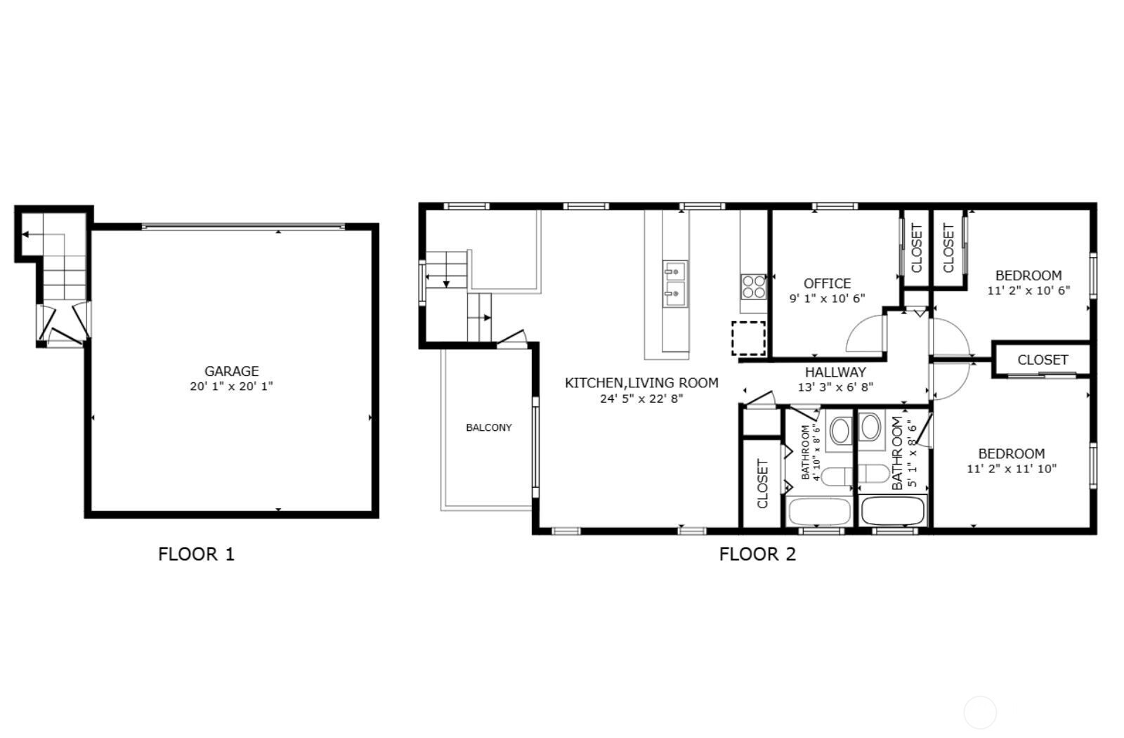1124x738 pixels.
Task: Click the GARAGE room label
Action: click(x=231, y=371)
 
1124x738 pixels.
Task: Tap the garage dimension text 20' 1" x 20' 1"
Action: click(x=231, y=386)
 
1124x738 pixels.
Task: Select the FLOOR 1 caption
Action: click(x=196, y=555)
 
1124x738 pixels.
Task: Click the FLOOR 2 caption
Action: click(x=758, y=555)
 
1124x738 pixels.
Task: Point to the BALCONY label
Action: click(x=489, y=428)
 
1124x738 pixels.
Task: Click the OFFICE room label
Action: click(x=828, y=284)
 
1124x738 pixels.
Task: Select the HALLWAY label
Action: click(x=835, y=372)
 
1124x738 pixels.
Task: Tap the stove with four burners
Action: click(x=754, y=287)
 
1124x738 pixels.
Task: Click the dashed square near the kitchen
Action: click(x=748, y=338)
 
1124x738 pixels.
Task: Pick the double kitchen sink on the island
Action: click(x=675, y=284)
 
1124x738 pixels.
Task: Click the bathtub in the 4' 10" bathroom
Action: click(x=819, y=512)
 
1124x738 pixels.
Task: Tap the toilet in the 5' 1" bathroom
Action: click(x=874, y=474)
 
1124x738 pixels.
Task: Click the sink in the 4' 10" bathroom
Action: click(x=839, y=430)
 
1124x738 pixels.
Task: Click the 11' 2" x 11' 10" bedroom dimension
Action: click(x=1012, y=468)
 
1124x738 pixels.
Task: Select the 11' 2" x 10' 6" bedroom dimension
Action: click(x=1028, y=290)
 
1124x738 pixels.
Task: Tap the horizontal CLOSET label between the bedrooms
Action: click(x=1043, y=360)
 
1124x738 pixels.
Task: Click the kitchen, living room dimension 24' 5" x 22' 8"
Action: click(x=641, y=399)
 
